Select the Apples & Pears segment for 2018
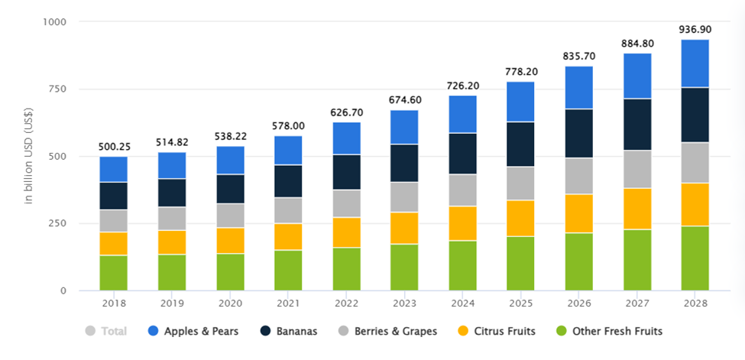tap(113, 169)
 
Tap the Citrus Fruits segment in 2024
tap(462, 223)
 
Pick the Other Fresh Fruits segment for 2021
tap(288, 270)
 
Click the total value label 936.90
tap(695, 30)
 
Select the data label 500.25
tap(113, 147)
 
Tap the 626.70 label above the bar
tap(346, 112)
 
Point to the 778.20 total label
tap(521, 72)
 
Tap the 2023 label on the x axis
tap(404, 303)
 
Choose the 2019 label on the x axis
tap(171, 303)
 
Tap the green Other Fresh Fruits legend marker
tap(562, 332)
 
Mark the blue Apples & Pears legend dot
tap(153, 332)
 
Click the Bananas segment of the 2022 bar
tap(346, 172)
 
